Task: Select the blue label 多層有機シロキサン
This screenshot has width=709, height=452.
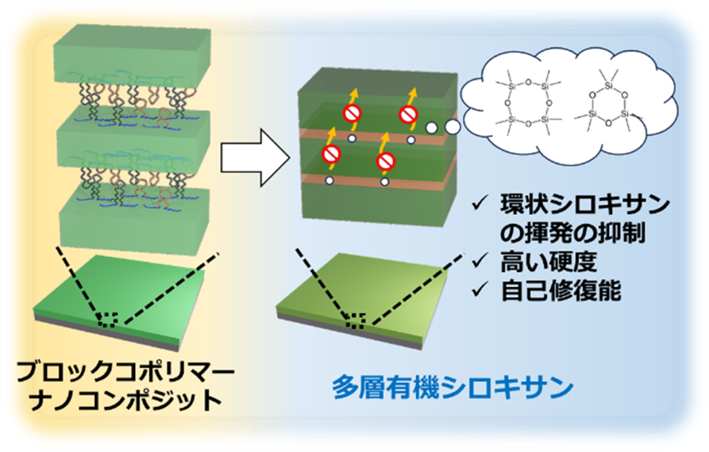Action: click(453, 387)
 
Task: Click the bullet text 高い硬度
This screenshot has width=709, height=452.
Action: click(549, 262)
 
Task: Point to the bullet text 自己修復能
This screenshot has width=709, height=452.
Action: click(561, 291)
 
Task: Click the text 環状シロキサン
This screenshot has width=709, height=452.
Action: click(585, 205)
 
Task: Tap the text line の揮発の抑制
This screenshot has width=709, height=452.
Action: click(572, 234)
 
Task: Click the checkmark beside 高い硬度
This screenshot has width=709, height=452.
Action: click(480, 262)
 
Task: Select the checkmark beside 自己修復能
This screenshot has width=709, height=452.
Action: click(480, 290)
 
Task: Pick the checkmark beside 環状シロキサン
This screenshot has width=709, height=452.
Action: click(480, 204)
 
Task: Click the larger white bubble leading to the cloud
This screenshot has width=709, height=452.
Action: click(452, 127)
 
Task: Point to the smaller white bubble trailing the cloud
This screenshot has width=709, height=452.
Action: click(432, 128)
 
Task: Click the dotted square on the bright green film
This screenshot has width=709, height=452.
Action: click(108, 319)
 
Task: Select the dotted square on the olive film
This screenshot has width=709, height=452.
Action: click(355, 320)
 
